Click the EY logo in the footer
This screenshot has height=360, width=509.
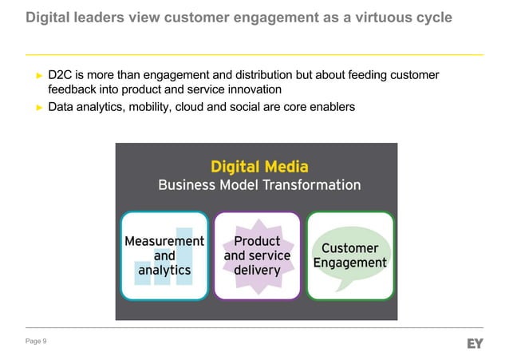(x=475, y=343)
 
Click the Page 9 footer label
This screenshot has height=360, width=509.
(x=36, y=342)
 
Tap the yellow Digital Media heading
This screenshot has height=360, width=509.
(x=259, y=166)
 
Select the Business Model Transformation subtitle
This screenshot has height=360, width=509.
(x=259, y=185)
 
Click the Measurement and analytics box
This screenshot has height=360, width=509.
(x=164, y=255)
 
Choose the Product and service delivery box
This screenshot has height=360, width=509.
(x=257, y=255)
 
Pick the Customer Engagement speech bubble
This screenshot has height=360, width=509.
(x=349, y=255)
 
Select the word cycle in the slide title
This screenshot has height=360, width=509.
(x=432, y=18)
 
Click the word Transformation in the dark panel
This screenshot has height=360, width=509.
(x=307, y=185)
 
